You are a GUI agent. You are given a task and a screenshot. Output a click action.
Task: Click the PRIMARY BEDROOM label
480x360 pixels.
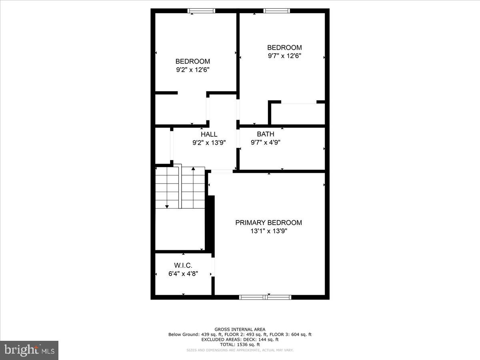click(268, 223)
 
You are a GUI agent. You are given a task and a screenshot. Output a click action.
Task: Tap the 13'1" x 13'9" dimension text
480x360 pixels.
click(268, 231)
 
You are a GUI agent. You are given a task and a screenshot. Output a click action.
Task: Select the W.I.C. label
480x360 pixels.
click(183, 266)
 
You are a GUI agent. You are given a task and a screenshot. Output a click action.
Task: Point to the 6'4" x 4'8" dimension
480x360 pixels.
click(183, 274)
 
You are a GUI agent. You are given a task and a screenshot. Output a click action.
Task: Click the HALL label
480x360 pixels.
click(209, 134)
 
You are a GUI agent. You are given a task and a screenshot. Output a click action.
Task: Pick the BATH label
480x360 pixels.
click(266, 134)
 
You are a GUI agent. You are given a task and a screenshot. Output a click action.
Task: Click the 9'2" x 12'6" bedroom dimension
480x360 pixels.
click(192, 70)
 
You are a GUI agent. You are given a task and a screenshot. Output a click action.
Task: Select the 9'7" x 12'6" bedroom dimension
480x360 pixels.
click(284, 56)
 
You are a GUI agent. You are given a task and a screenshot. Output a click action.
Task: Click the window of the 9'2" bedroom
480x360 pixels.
click(202, 11)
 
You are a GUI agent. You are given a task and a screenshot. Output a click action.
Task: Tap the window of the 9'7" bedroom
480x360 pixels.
click(276, 11)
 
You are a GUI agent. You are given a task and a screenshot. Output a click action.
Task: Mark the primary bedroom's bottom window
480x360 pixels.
click(265, 297)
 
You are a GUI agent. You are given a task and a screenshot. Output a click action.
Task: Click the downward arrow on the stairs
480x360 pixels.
click(167, 206)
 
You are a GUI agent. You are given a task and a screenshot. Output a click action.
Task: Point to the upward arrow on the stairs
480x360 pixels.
click(193, 169)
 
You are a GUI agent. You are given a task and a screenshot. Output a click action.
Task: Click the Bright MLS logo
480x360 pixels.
click(29, 350)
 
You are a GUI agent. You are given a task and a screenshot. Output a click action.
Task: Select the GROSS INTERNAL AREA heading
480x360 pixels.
click(240, 329)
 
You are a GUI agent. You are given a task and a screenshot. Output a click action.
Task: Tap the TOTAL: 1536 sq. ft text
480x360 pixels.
click(240, 344)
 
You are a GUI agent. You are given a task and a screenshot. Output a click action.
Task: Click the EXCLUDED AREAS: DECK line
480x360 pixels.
click(240, 340)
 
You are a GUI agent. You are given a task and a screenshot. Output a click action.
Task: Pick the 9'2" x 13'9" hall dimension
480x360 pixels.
click(209, 142)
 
